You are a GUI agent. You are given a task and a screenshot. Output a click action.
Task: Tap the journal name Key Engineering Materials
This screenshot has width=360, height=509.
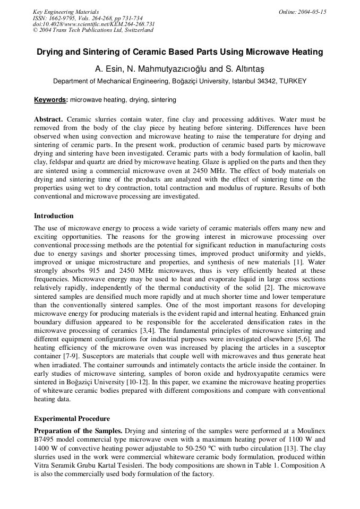coord(66,12)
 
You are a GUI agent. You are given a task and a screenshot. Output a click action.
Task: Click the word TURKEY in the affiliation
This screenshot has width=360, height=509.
coord(293,81)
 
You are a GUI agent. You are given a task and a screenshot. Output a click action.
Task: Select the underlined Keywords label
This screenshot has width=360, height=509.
coord(50,99)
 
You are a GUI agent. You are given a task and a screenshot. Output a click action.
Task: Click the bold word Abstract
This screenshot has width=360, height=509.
coord(48,119)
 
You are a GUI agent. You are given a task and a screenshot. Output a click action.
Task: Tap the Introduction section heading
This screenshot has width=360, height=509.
coord(54,216)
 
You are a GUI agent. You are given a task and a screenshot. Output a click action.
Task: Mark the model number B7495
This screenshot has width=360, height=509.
coord(47,438)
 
